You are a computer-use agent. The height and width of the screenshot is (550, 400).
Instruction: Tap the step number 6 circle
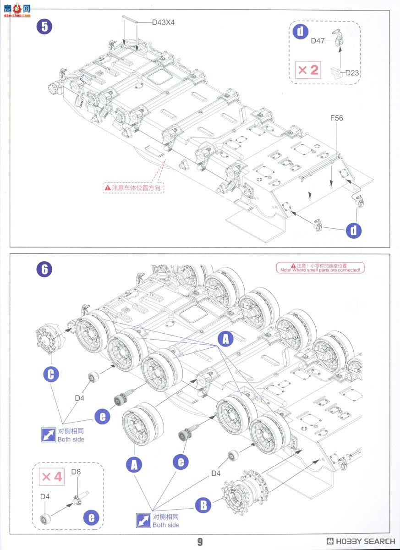[x=44, y=269]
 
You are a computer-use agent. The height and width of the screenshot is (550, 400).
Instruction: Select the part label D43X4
[x=163, y=22]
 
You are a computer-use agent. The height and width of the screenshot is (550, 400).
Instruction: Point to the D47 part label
[x=318, y=41]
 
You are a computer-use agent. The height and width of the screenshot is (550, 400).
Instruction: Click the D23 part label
[x=352, y=72]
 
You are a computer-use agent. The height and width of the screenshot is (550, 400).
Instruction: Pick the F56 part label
[x=336, y=118]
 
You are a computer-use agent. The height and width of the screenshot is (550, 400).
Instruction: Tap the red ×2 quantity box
[x=308, y=70]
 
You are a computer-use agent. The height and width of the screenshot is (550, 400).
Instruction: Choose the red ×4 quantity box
[x=52, y=476]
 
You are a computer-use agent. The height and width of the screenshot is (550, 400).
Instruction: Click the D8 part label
[x=76, y=472]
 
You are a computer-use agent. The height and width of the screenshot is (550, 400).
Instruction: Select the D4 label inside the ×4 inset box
[x=44, y=496]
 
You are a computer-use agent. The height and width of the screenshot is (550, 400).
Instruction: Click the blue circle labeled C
[x=51, y=374]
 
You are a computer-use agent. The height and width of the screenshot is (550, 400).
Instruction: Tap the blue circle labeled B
[x=203, y=505]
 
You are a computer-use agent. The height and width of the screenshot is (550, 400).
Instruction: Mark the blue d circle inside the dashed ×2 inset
[x=300, y=31]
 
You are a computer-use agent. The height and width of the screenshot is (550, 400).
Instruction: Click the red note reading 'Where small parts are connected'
[x=320, y=268]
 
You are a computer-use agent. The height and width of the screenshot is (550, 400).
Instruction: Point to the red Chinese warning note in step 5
[x=134, y=187]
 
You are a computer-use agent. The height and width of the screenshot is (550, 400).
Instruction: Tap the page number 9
[x=200, y=542]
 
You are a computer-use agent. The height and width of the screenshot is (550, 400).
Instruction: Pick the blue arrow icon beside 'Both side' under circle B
[x=143, y=521]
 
